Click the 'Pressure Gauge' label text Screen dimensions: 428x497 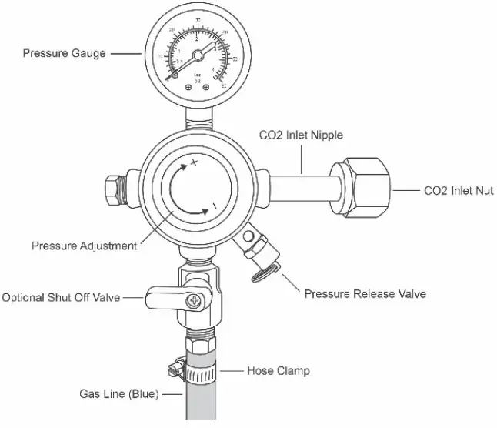click(64, 53)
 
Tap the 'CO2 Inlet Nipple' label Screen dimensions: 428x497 click(301, 135)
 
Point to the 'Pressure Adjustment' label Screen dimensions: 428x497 click(84, 246)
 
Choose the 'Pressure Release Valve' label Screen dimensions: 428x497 click(365, 294)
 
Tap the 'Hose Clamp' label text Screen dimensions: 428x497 click(278, 371)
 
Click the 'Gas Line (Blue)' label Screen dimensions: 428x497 click(119, 394)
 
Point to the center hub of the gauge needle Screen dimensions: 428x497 click(198, 55)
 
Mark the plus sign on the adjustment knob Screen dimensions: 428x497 click(195, 162)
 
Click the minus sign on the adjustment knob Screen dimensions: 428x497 click(215, 206)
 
